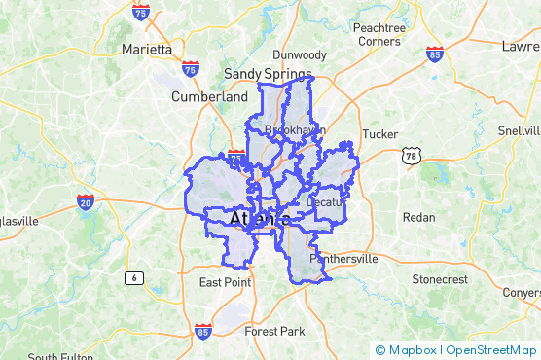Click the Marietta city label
(x=147, y=49)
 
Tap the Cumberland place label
(x=209, y=97)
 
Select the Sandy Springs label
(x=268, y=74)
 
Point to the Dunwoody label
(x=300, y=55)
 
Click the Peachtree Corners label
(x=378, y=35)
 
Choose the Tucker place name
(x=379, y=134)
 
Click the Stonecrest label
(x=440, y=279)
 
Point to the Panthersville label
(x=343, y=261)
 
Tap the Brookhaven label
(x=294, y=129)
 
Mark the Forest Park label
(x=274, y=332)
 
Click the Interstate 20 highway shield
(x=86, y=202)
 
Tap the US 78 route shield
(x=412, y=156)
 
